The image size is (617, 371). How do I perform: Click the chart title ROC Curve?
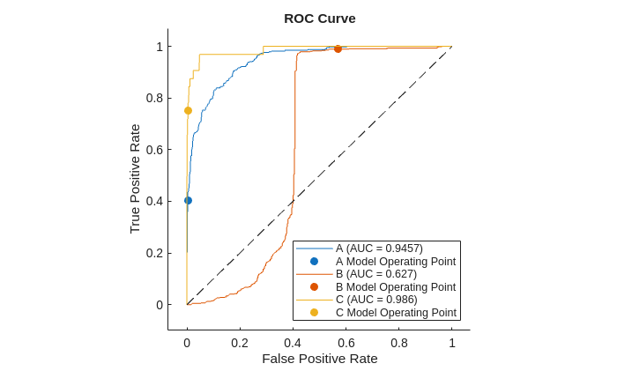point(319,19)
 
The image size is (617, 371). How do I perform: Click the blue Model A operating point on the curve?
point(188,200)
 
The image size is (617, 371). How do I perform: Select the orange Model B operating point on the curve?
point(338,48)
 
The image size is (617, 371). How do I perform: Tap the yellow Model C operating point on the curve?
point(188,110)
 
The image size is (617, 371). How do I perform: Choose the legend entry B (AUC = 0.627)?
point(376,274)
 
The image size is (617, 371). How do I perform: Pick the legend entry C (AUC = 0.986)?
point(376,300)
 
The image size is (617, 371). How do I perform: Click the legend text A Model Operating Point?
point(396,261)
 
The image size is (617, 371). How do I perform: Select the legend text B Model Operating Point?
point(396,286)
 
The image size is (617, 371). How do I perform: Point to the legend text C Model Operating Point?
point(396,312)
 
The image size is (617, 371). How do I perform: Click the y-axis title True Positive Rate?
point(135,179)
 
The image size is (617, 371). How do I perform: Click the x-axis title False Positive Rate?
point(319,359)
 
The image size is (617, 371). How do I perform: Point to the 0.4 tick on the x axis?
point(293,343)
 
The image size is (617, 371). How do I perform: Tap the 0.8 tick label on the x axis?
point(399,343)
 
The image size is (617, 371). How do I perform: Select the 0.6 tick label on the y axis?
point(154,149)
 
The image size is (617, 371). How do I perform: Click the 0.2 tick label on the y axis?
point(154,253)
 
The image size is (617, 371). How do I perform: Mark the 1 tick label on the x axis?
point(452,343)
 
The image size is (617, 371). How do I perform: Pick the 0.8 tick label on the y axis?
point(154,98)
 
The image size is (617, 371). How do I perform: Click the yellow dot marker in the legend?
point(314,312)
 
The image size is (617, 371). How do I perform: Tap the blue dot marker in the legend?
point(314,261)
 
